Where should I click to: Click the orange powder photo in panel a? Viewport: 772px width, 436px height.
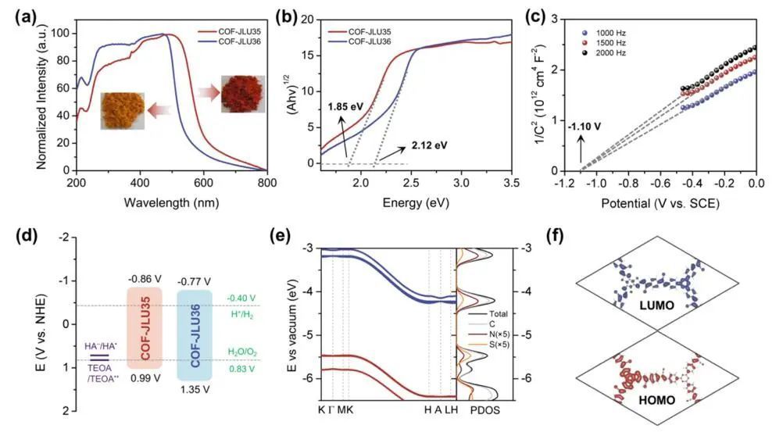click(127, 110)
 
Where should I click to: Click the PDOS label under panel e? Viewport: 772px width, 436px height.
click(484, 409)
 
